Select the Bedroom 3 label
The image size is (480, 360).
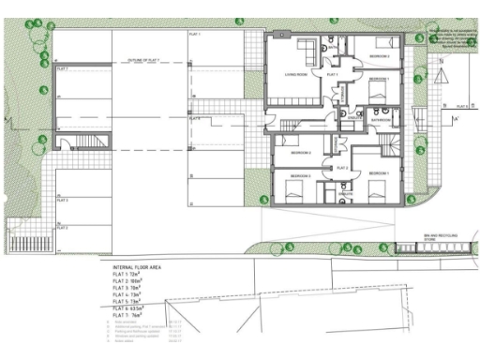380,57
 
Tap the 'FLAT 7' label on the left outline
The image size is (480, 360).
64,68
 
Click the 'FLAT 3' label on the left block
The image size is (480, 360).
63,200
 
